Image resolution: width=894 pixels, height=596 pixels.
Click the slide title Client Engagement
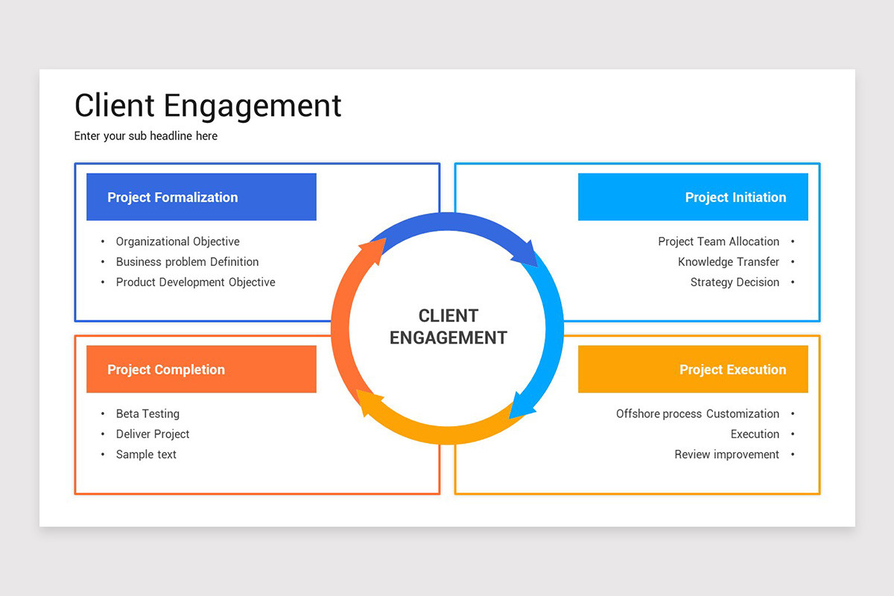click(x=208, y=106)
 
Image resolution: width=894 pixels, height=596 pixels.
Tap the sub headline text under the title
click(x=146, y=136)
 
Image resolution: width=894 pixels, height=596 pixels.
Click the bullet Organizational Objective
click(x=177, y=241)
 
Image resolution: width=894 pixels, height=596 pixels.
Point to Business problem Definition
click(x=187, y=261)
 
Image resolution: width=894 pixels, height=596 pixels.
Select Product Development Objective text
click(x=195, y=282)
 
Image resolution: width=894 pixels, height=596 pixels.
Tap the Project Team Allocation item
click(x=718, y=241)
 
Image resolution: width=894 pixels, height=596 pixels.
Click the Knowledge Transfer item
click(x=728, y=261)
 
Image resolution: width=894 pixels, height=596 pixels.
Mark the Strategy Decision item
click(x=735, y=282)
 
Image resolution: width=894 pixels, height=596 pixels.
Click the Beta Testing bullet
click(x=148, y=413)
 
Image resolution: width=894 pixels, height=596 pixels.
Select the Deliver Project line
click(x=153, y=434)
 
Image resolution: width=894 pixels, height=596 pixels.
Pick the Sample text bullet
click(x=146, y=454)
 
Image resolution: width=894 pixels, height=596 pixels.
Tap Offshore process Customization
click(x=697, y=413)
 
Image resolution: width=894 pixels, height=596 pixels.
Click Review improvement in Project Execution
click(x=726, y=454)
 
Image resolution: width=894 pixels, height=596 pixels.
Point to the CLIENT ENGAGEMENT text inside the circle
click(x=448, y=326)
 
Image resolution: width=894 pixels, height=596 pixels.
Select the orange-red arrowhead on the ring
click(x=373, y=252)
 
